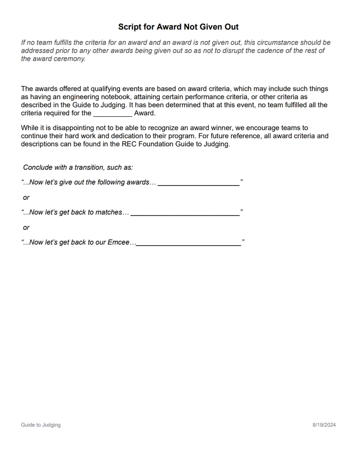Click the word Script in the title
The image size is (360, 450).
coord(129,27)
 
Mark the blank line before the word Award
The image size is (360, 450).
coord(113,113)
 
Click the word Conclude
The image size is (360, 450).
coord(37,167)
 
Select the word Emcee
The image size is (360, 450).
coord(118,242)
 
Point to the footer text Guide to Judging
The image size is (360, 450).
coord(41,425)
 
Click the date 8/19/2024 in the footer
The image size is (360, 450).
coord(324,425)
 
